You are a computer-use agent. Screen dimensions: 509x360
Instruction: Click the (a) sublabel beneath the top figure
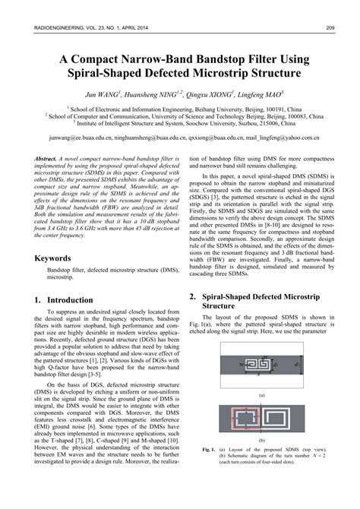261,395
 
